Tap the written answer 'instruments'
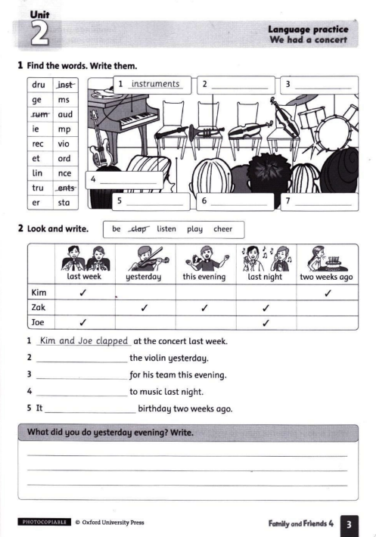(155, 83)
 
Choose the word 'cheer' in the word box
(222, 229)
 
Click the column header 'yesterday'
(144, 277)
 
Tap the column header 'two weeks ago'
(326, 277)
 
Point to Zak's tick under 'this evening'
(204, 307)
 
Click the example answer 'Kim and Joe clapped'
(84, 341)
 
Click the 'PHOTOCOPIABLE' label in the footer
(45, 522)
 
